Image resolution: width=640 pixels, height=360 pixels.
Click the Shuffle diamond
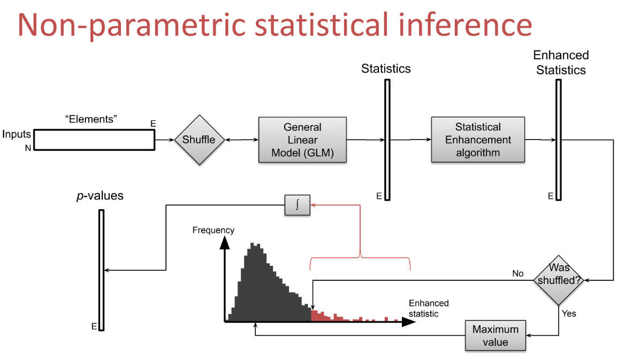pyautogui.click(x=199, y=140)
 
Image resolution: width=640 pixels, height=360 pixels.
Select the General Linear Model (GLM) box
pyautogui.click(x=302, y=140)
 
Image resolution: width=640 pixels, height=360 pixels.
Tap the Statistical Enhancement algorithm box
pyautogui.click(x=478, y=140)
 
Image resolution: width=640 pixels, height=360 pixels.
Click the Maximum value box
pyautogui.click(x=496, y=335)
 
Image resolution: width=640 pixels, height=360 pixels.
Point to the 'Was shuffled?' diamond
pyautogui.click(x=558, y=280)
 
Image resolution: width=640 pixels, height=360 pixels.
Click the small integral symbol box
pyautogui.click(x=297, y=205)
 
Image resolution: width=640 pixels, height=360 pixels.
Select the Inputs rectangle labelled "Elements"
pyautogui.click(x=94, y=140)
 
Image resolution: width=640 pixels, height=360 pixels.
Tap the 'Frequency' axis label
pyautogui.click(x=213, y=230)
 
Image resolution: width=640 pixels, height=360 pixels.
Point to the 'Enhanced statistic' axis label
pyautogui.click(x=429, y=309)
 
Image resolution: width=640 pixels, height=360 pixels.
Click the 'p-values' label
pyautogui.click(x=100, y=196)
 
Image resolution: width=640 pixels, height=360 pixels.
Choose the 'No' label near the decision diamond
pyautogui.click(x=518, y=273)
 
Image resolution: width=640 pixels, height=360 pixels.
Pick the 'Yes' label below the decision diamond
pyautogui.click(x=569, y=313)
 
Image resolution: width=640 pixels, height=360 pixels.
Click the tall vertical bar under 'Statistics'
pyautogui.click(x=387, y=140)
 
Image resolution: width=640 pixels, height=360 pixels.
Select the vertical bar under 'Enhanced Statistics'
pyautogui.click(x=558, y=140)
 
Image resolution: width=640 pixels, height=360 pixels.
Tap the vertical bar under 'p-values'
pyautogui.click(x=101, y=270)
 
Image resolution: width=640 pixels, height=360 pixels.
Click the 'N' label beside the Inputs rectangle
pyautogui.click(x=28, y=148)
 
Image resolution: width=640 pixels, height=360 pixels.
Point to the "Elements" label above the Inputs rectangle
pyautogui.click(x=91, y=119)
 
